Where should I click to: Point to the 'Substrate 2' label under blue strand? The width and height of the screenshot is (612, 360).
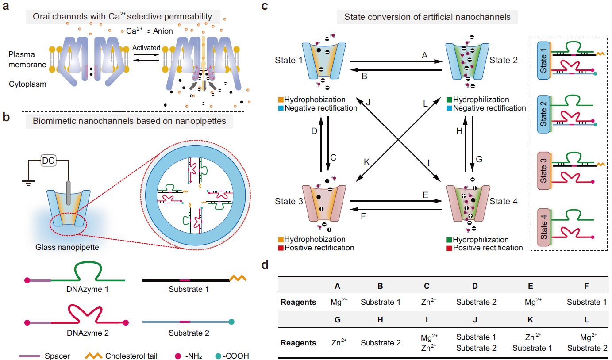[189, 333]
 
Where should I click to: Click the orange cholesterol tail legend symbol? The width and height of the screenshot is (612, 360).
[93, 356]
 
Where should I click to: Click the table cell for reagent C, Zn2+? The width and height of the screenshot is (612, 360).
[427, 302]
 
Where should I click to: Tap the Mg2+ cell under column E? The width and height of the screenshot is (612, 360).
[531, 302]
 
